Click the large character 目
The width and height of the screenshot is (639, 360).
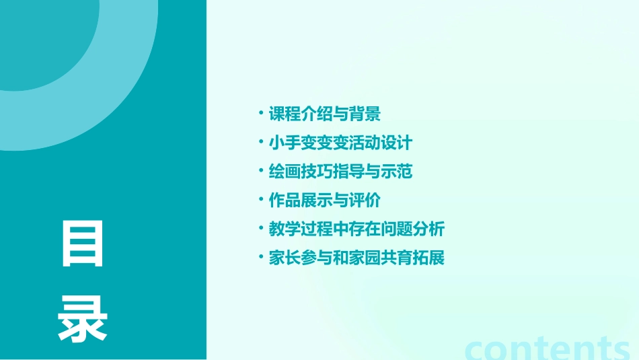tap(83, 244)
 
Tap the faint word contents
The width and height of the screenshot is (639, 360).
tap(548, 347)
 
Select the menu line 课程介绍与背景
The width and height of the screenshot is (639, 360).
tap(325, 114)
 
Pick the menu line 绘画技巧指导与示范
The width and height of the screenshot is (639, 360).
tap(340, 172)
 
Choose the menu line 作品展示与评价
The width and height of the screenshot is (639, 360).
tap(325, 201)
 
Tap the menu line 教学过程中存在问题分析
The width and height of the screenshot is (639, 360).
tap(356, 229)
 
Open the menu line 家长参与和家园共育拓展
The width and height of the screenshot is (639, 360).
tap(356, 258)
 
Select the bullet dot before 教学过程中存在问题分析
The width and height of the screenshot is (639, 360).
tap(260, 228)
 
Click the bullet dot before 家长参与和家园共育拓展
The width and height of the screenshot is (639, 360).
tap(260, 257)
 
